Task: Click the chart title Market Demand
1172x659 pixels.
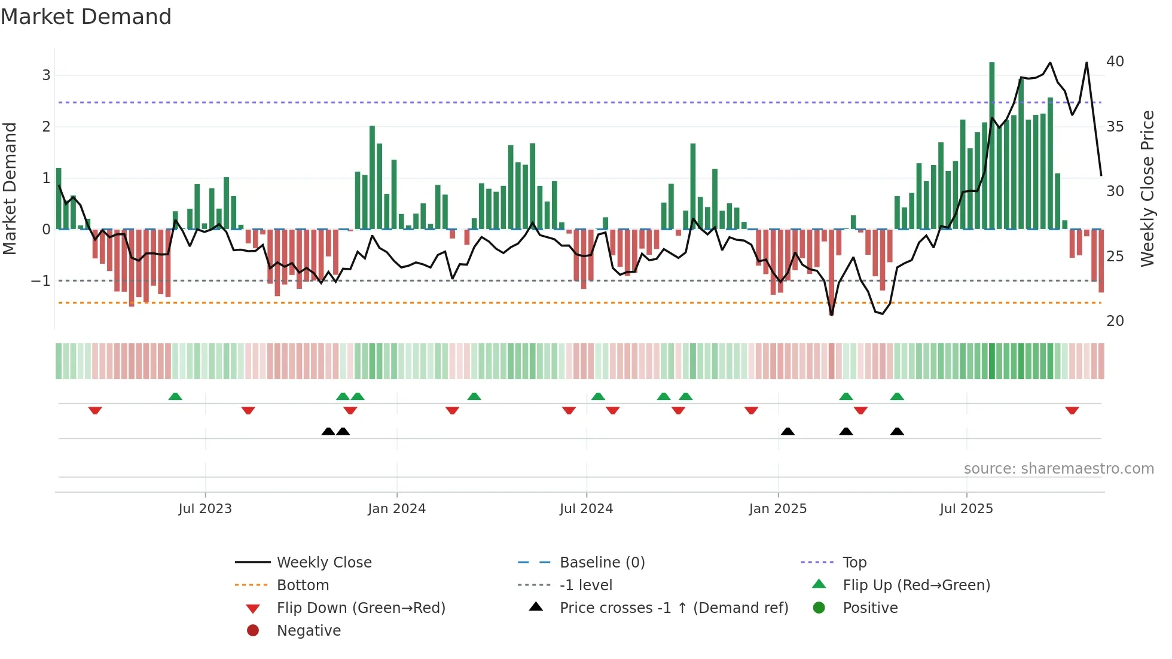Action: [x=86, y=17]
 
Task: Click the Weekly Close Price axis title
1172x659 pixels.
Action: [x=1147, y=188]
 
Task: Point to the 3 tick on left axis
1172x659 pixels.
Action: [x=46, y=75]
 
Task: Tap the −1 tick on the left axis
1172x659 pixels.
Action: [x=41, y=280]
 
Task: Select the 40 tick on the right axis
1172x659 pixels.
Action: [x=1115, y=62]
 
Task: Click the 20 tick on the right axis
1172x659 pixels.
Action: [x=1115, y=321]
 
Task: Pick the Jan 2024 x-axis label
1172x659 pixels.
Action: [x=396, y=509]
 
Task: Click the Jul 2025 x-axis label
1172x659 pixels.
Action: [x=966, y=509]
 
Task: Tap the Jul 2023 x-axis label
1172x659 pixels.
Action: [x=205, y=509]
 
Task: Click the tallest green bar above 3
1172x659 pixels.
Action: [x=991, y=144]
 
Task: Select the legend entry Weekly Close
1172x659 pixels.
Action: [x=323, y=563]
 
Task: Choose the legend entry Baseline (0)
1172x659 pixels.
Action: [x=602, y=563]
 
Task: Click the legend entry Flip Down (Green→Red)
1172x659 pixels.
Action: [x=361, y=608]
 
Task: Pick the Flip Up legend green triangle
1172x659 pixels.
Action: [x=819, y=584]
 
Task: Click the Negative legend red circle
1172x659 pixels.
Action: [x=253, y=631]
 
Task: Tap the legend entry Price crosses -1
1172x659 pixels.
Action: [x=673, y=608]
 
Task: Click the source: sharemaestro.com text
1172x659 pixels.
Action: [x=1058, y=469]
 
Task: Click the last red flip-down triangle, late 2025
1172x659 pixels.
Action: [x=1072, y=410]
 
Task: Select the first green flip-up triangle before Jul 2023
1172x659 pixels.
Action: [x=175, y=396]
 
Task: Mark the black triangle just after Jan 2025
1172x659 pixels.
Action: [x=788, y=432]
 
